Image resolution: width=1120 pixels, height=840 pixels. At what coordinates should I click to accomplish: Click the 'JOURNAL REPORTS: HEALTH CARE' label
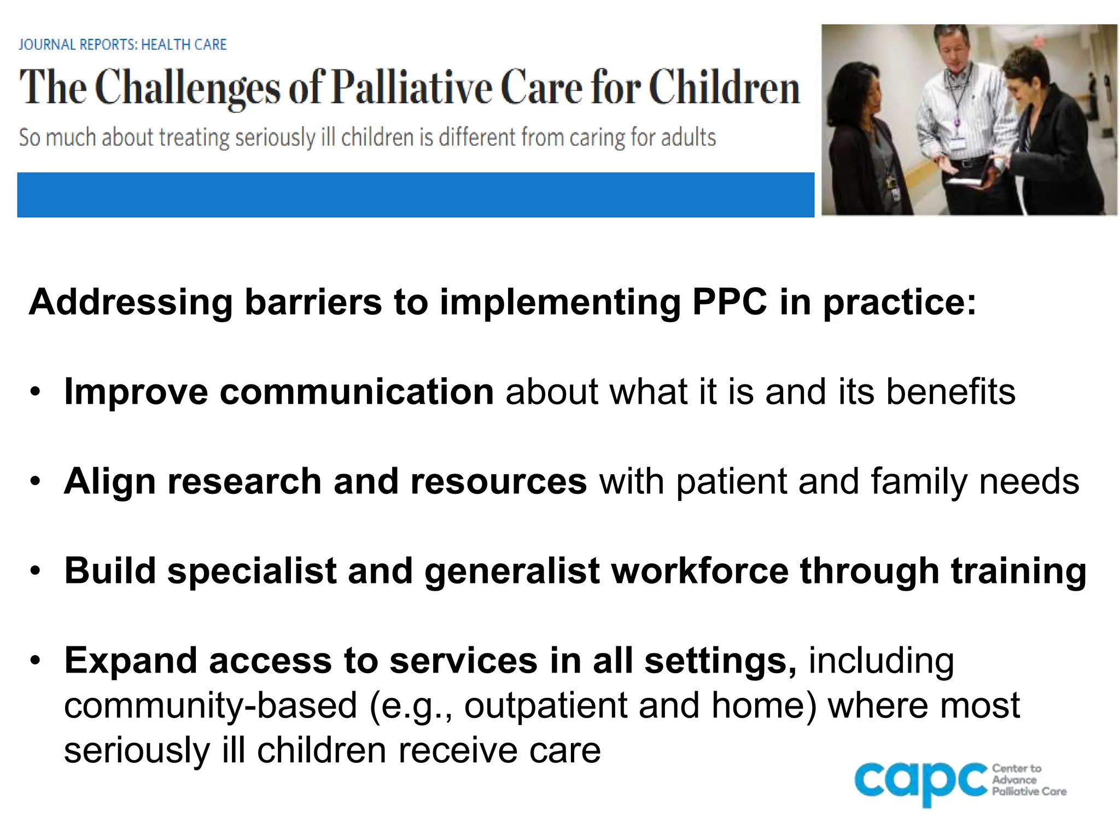122,44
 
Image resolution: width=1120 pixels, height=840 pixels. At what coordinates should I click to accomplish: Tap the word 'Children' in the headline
724,87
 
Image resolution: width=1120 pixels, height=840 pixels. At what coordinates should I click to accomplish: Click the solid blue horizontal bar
416,195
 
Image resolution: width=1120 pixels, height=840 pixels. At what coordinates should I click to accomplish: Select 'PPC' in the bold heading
730,302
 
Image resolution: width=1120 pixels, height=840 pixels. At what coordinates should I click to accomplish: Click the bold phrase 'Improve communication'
279,392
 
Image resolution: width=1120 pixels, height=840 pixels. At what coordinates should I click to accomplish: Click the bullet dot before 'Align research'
36,482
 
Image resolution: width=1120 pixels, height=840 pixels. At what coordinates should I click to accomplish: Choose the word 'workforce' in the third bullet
699,571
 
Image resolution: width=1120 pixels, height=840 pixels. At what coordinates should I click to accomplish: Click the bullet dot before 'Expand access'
36,661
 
